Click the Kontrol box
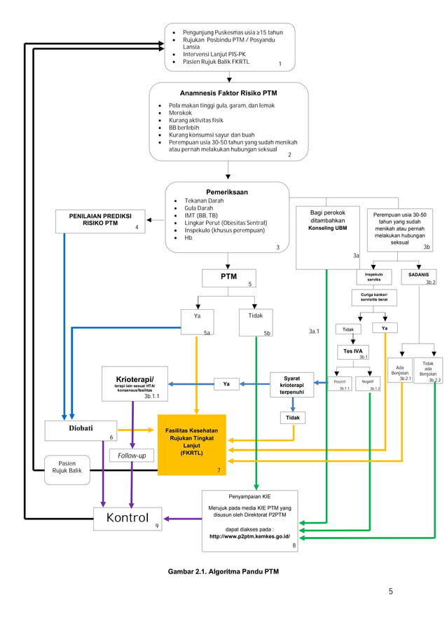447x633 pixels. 128,519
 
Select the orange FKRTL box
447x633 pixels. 191,444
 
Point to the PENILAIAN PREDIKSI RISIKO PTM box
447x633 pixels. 101,219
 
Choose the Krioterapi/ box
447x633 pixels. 135,383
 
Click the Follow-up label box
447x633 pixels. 132,456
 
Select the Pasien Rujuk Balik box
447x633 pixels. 67,468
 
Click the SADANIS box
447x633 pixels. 419,276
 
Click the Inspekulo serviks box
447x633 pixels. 374,276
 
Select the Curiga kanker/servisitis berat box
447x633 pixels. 374,298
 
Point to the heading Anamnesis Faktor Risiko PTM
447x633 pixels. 228,93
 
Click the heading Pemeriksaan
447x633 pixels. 226,191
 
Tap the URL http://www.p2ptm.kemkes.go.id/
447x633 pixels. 250,536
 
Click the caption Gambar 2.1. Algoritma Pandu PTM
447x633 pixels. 223,572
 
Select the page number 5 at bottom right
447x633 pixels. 391,592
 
